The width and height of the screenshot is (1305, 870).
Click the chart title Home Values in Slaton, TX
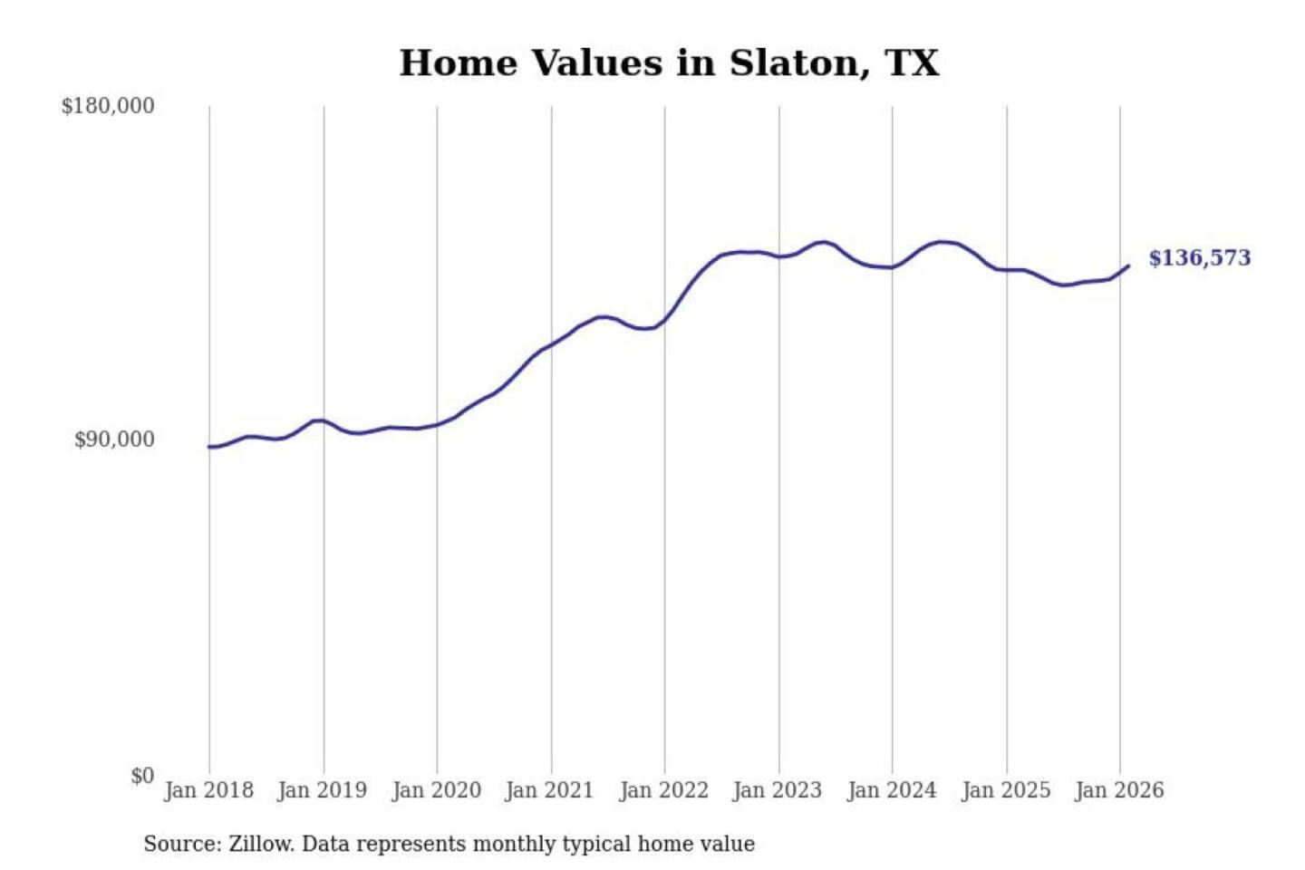669,63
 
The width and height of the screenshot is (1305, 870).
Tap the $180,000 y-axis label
108,106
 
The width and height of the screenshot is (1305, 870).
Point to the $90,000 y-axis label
114,440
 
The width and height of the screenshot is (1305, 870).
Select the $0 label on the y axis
142,776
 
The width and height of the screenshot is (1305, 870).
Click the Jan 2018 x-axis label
208,790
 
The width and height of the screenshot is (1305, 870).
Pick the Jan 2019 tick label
323,790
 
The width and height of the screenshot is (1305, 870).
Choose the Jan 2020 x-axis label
436,790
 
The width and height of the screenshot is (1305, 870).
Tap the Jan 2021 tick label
549,790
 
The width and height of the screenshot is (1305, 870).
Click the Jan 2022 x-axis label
663,790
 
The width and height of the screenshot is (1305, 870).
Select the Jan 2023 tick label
777,790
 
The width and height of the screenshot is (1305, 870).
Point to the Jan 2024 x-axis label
891,790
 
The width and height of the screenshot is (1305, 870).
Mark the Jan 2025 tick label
1005,790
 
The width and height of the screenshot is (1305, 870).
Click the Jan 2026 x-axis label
1118,790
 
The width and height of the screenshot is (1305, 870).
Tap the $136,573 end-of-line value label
1199,258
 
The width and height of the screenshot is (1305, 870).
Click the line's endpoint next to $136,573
1128,266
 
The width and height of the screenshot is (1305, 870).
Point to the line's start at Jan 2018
209,447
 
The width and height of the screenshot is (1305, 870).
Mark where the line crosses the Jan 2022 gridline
664,320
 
